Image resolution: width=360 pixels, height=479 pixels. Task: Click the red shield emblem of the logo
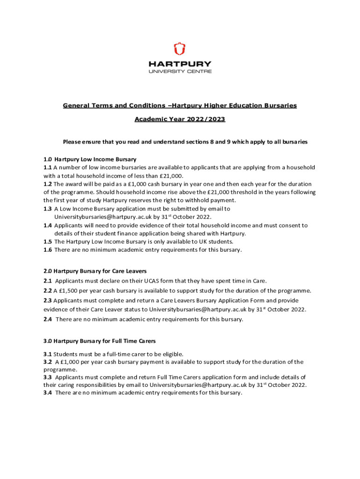coord(180,49)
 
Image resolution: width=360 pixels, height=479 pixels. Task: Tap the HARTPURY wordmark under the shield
coord(180,64)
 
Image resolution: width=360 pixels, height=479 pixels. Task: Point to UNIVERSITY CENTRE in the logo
coord(180,72)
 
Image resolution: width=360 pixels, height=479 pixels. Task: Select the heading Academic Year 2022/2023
coord(180,119)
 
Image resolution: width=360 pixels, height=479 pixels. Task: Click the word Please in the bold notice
coord(73,142)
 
